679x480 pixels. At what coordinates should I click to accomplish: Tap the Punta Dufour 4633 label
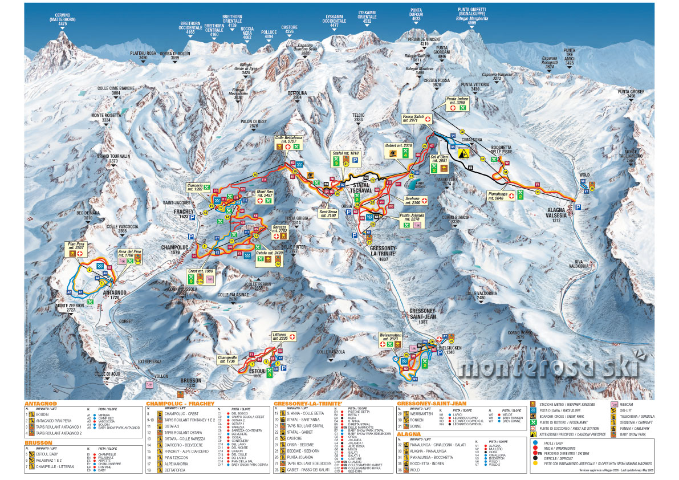[420, 15]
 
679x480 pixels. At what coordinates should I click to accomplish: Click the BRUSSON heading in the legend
[38, 442]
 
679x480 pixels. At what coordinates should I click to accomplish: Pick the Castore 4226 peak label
[289, 29]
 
